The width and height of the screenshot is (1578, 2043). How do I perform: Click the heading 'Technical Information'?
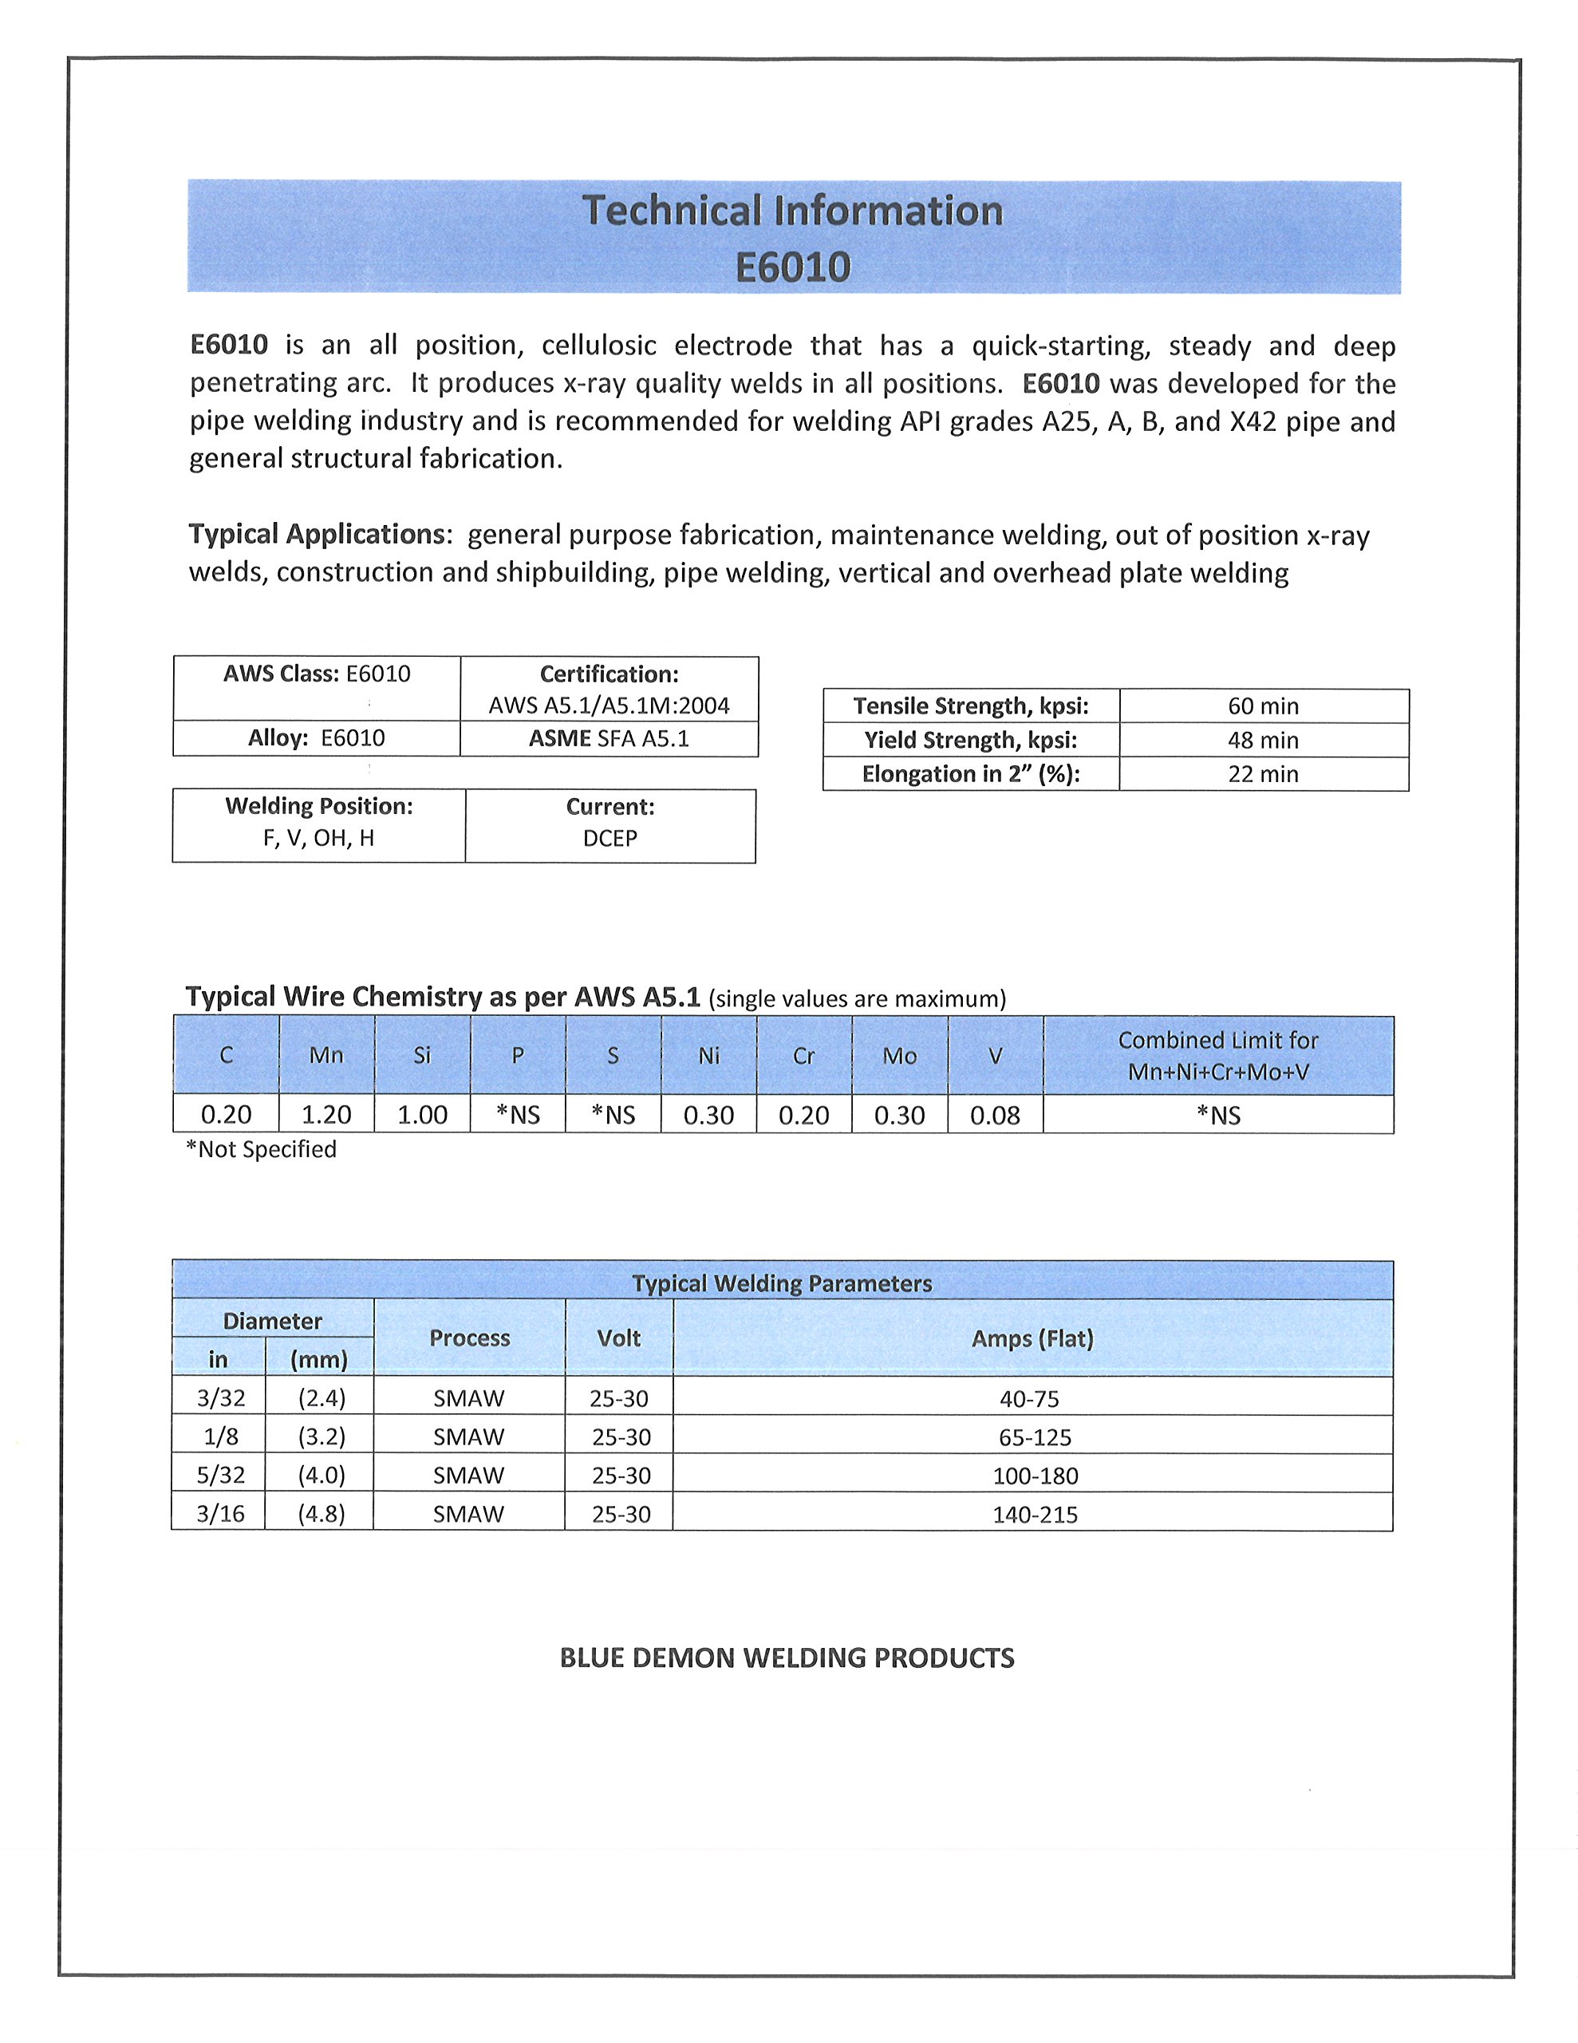[792, 211]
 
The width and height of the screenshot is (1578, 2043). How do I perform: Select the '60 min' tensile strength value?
[1263, 706]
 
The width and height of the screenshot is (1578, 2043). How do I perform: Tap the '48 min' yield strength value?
[1263, 740]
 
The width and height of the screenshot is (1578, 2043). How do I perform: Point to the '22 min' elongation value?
[1263, 773]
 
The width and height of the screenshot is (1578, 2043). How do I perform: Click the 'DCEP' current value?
[610, 838]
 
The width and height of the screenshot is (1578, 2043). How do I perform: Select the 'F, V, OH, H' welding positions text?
[318, 837]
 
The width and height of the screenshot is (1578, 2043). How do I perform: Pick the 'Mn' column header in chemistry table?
[326, 1055]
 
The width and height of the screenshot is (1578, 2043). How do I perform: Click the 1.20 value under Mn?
[326, 1114]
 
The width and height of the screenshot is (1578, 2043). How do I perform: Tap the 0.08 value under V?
[994, 1115]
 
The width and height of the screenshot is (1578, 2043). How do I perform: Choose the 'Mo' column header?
[899, 1056]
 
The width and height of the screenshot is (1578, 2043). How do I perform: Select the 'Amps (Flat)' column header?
[1032, 1338]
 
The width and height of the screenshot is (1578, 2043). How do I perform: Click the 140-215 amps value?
[1035, 1514]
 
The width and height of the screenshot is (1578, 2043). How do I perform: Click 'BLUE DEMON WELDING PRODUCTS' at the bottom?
[787, 1658]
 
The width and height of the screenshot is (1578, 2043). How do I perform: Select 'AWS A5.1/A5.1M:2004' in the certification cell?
[609, 705]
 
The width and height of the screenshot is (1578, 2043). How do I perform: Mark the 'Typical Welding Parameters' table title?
[782, 1283]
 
